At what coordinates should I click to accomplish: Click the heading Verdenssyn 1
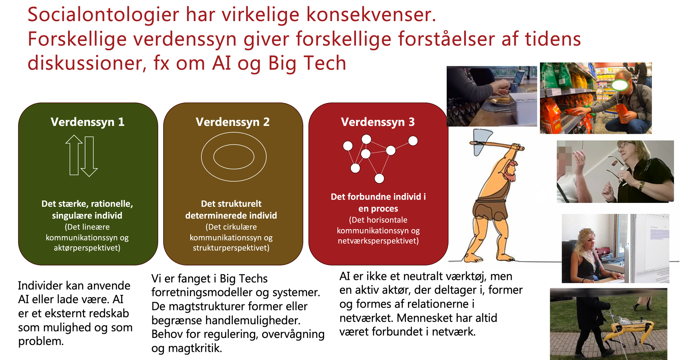pos(87,122)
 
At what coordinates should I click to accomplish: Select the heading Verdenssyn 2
pos(233,122)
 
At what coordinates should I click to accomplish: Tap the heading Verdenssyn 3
pos(378,122)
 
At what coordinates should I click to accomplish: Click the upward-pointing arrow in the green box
pos(74,155)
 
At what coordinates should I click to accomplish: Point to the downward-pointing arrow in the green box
pos(89,157)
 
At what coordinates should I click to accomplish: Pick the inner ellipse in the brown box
pos(234,157)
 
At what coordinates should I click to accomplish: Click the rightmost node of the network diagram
pos(413,141)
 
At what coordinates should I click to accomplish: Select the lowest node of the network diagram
pos(379,178)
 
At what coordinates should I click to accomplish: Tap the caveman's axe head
pos(480,141)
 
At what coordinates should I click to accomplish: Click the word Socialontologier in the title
pos(103,15)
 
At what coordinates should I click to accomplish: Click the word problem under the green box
pos(41,341)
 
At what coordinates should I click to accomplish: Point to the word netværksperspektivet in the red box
pos(378,241)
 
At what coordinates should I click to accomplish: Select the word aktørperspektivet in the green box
pos(87,248)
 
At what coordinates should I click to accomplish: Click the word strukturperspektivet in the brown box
pos(231,248)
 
